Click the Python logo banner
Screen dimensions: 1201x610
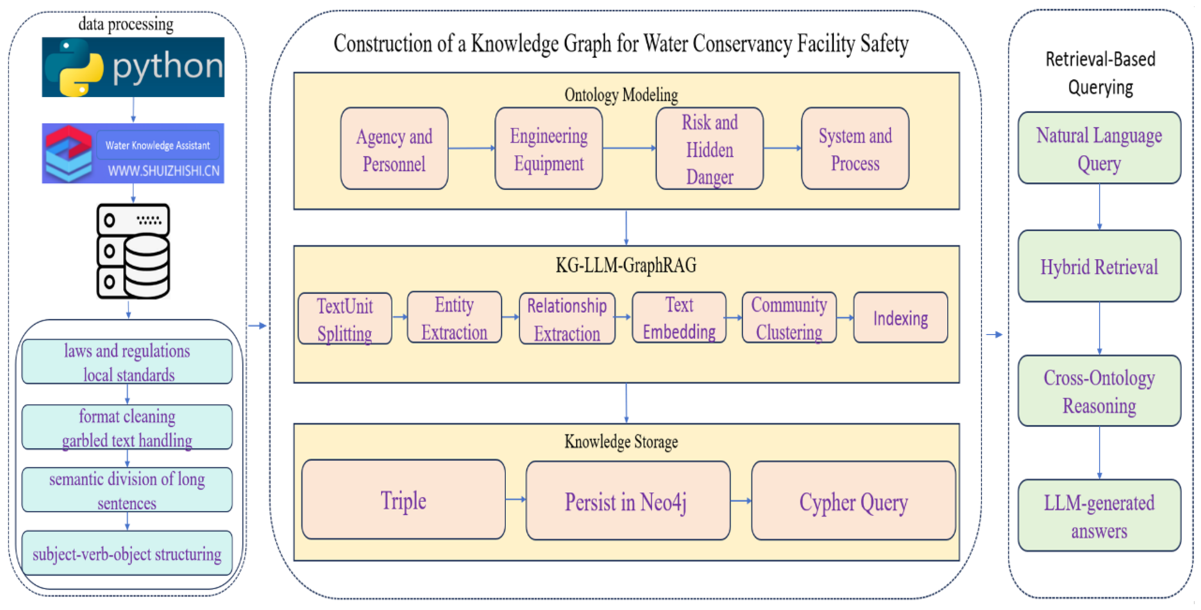tap(133, 67)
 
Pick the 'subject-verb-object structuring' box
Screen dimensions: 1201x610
tap(127, 553)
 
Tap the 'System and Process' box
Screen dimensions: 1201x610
tap(855, 149)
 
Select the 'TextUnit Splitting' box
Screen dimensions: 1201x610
tap(345, 318)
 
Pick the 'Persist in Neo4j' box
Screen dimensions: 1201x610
tap(628, 500)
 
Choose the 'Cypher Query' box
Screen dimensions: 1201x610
tap(853, 500)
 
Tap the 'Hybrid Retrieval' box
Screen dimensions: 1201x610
tap(1099, 266)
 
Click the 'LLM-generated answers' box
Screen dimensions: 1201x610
tap(1099, 515)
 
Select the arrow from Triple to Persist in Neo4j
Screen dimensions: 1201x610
tap(516, 499)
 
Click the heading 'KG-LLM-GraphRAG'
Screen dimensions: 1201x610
tap(626, 265)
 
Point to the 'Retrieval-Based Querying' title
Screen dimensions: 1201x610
tap(1100, 73)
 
